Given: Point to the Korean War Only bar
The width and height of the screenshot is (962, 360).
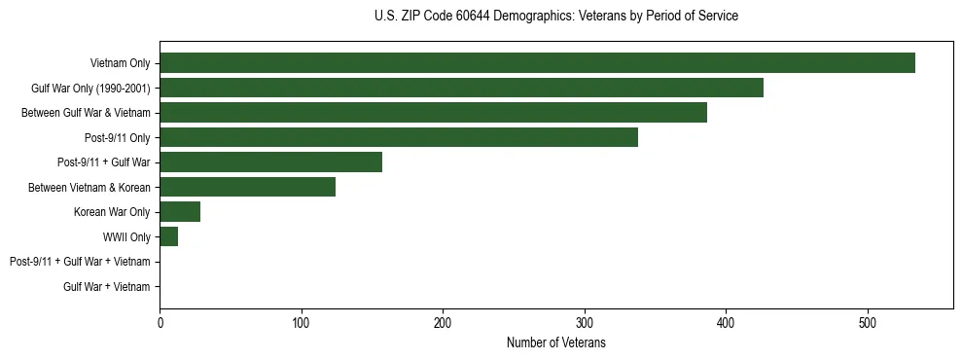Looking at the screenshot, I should pos(180,212).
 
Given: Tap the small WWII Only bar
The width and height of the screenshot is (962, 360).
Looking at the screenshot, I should pos(168,236).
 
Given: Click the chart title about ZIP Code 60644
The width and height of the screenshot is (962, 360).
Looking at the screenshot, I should pos(555,17).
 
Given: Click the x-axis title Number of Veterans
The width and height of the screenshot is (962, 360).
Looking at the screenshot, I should pos(555,342).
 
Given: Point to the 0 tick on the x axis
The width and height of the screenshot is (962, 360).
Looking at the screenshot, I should pos(160,322).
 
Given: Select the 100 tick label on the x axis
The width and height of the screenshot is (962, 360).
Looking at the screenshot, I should pos(302,322).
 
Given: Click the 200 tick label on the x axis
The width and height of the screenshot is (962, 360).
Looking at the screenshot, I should pos(443,322).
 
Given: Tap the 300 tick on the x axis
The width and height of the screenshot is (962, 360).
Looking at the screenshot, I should pos(585,322).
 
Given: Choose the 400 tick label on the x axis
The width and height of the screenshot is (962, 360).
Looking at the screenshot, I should pos(726,322).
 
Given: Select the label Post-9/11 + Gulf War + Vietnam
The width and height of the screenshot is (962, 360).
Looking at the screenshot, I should pos(80,262).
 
